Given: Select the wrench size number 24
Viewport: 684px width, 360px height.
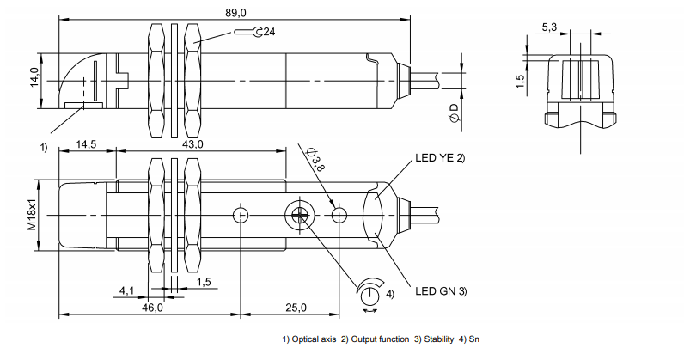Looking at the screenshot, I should [x=268, y=32].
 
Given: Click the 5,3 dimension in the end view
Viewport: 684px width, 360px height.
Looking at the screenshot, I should [x=550, y=27].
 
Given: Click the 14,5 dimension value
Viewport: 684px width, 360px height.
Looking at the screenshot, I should [x=86, y=144].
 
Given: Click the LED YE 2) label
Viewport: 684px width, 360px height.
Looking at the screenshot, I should [x=440, y=157].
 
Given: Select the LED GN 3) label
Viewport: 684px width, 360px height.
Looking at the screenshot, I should [x=441, y=291].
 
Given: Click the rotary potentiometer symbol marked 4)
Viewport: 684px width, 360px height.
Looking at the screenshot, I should [x=369, y=293].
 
